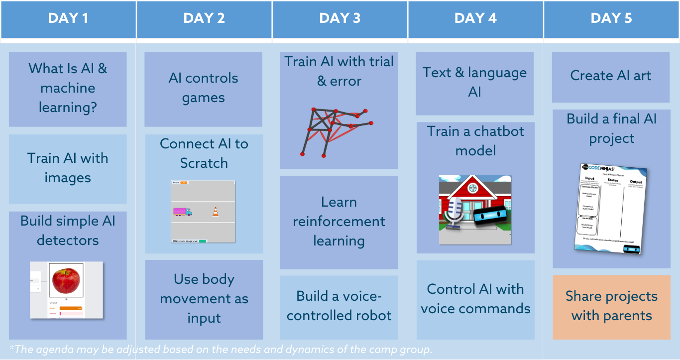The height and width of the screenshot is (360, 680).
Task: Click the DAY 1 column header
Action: [x=68, y=19]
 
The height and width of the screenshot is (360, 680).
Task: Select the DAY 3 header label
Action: [x=340, y=19]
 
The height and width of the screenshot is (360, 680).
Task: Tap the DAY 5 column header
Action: [x=611, y=19]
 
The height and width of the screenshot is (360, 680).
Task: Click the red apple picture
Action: [x=66, y=280]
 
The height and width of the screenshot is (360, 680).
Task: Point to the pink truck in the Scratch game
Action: [x=182, y=212]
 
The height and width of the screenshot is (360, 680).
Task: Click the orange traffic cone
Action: [x=216, y=212]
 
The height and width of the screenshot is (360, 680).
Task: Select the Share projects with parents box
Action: [x=611, y=306]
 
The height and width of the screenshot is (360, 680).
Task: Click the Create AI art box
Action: [x=611, y=76]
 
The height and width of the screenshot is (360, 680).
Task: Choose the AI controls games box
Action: [x=203, y=88]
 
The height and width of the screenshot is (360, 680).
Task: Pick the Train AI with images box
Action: [x=68, y=168]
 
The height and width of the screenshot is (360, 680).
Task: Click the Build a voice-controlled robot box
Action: [x=339, y=306]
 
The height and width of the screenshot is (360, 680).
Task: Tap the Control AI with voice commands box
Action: [x=475, y=299]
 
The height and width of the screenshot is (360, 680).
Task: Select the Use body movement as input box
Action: [x=204, y=299]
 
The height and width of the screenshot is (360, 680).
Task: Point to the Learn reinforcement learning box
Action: [x=339, y=222]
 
